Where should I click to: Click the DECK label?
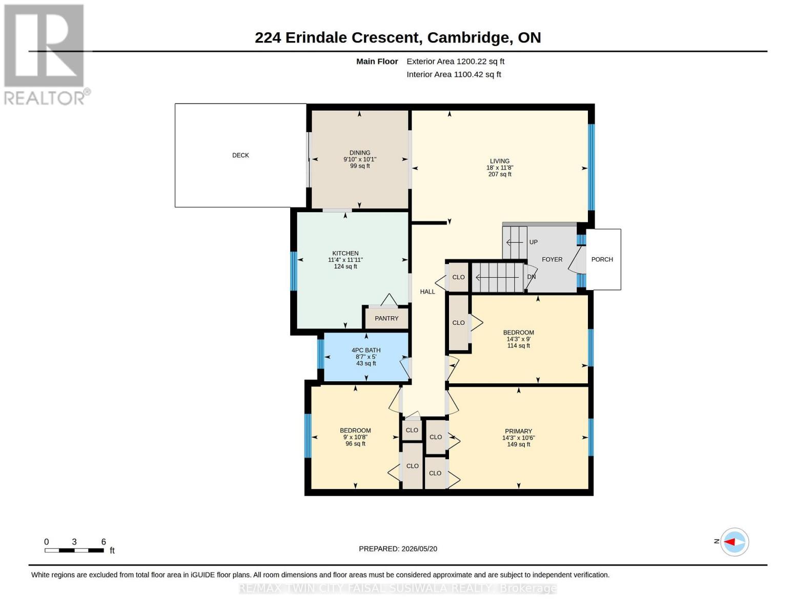(240, 155)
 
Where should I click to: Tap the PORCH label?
(602, 259)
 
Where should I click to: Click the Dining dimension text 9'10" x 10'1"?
(360, 159)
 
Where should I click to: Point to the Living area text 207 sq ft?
(500, 174)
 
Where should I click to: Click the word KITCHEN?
(345, 253)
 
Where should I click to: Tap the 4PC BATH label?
(366, 350)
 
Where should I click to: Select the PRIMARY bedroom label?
(518, 431)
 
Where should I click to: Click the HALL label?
(427, 292)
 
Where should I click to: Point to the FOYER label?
(552, 259)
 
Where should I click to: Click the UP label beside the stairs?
(534, 242)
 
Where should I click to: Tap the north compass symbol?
(734, 542)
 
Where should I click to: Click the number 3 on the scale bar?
(74, 542)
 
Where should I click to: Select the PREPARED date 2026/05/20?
(419, 549)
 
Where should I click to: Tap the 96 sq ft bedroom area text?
(355, 444)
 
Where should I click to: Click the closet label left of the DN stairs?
(458, 277)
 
